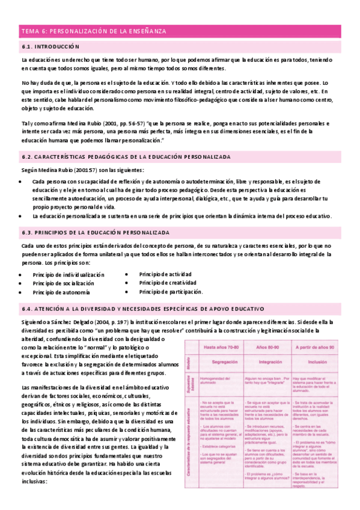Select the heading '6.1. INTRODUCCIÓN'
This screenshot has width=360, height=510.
[x=50, y=46]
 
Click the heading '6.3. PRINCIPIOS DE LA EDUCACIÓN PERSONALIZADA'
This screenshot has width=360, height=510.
[x=95, y=232]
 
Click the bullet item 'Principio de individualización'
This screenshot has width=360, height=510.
[x=69, y=274]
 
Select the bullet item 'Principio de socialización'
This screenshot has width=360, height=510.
[x=64, y=283]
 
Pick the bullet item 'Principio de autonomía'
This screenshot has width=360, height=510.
[x=61, y=292]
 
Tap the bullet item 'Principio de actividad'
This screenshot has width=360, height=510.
[x=165, y=274]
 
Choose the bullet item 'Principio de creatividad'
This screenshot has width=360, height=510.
[x=167, y=283]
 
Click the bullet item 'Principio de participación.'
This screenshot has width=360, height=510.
[x=171, y=292]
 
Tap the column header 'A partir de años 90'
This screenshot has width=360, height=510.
[x=320, y=348]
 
